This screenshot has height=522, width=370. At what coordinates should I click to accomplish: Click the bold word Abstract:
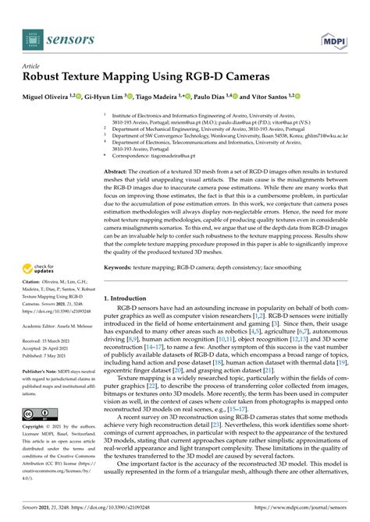(x=116, y=171)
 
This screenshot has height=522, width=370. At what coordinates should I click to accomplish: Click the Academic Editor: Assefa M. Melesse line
(x=60, y=326)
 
